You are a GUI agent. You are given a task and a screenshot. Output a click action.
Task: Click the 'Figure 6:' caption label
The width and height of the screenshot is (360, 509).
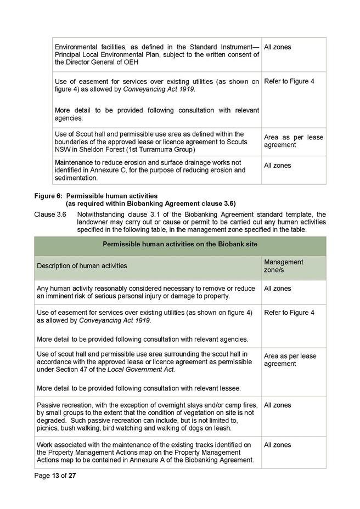pos(48,196)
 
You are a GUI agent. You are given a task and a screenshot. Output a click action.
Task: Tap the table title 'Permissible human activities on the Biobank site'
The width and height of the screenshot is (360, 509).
pos(180,244)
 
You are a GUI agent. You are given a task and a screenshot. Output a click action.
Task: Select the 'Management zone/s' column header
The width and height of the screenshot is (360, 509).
pos(283,266)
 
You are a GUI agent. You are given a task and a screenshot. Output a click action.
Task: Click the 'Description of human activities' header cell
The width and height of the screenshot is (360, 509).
pos(82,266)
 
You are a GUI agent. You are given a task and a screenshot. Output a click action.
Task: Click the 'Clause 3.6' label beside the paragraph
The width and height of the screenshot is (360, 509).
pos(50,214)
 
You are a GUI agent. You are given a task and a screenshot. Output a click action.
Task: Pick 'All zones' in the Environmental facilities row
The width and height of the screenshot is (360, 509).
pos(278,47)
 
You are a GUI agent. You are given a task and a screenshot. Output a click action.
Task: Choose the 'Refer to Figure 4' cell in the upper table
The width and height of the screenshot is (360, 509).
pos(289,82)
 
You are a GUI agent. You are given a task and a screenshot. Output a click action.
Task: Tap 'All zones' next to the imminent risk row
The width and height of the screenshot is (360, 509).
pos(278,289)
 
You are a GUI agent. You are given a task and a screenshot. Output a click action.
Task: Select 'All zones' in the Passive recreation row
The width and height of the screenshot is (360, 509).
pos(278,405)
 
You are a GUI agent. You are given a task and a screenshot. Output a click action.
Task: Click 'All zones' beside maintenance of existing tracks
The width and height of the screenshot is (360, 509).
pos(278,445)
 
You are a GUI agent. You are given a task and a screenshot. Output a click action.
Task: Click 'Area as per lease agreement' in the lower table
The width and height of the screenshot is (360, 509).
pos(290,360)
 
